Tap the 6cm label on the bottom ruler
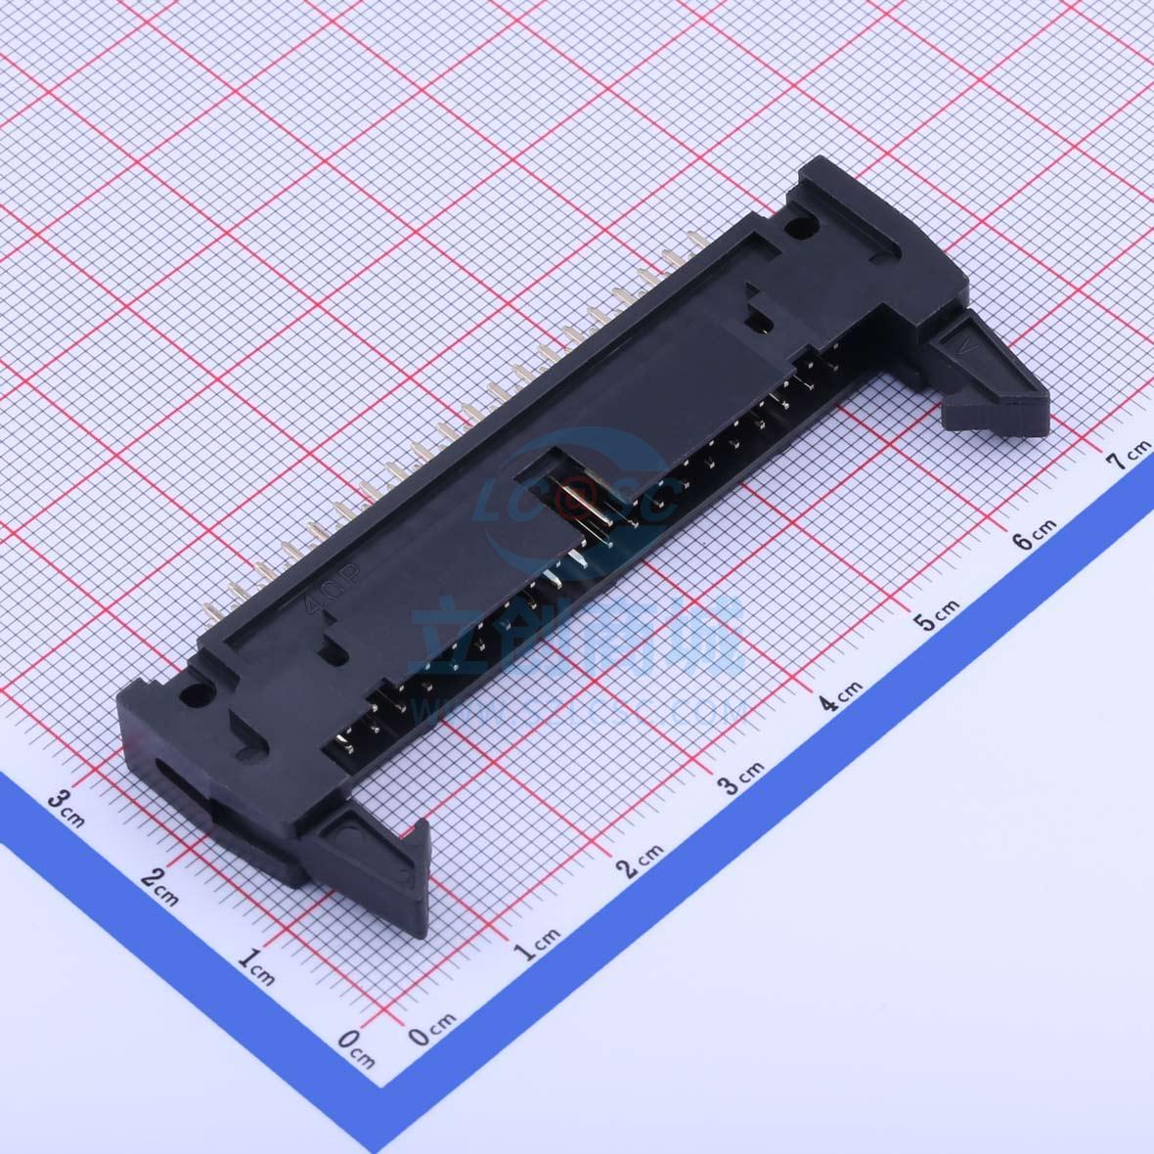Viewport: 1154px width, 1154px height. pyautogui.click(x=1033, y=535)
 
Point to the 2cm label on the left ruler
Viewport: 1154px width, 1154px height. pyautogui.click(x=158, y=880)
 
